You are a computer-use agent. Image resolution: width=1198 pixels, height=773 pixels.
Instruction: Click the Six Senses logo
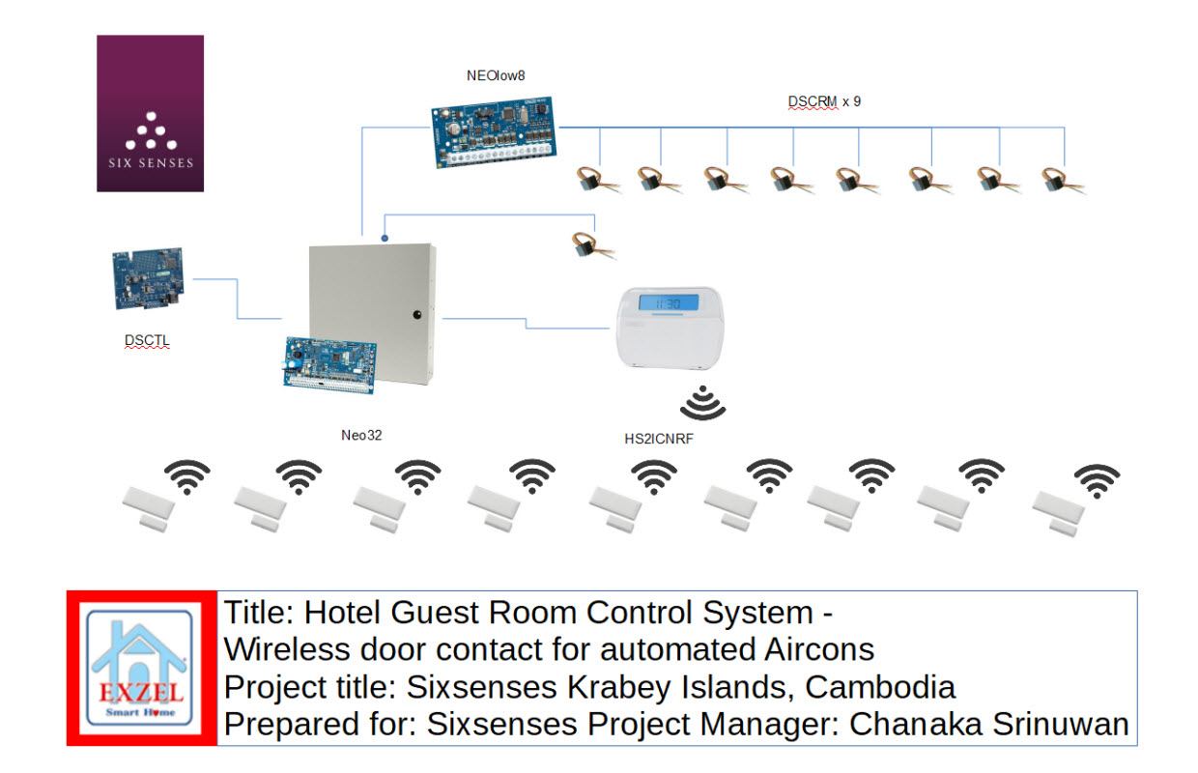(150, 114)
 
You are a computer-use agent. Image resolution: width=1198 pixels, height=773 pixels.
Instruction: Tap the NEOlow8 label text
(495, 74)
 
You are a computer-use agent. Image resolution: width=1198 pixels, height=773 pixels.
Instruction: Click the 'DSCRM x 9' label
(824, 100)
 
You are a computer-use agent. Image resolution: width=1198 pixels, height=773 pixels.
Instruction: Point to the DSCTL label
(147, 340)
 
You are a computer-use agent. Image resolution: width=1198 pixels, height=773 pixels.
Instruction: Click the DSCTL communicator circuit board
(150, 279)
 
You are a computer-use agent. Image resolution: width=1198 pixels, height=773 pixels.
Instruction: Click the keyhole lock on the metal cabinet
(417, 314)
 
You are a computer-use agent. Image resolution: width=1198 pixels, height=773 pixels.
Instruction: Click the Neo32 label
(361, 436)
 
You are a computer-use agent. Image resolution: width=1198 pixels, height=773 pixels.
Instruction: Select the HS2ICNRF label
(659, 439)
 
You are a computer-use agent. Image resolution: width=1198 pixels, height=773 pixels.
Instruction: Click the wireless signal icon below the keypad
(702, 403)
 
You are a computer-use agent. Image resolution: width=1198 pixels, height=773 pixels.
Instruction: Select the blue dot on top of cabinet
(385, 237)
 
